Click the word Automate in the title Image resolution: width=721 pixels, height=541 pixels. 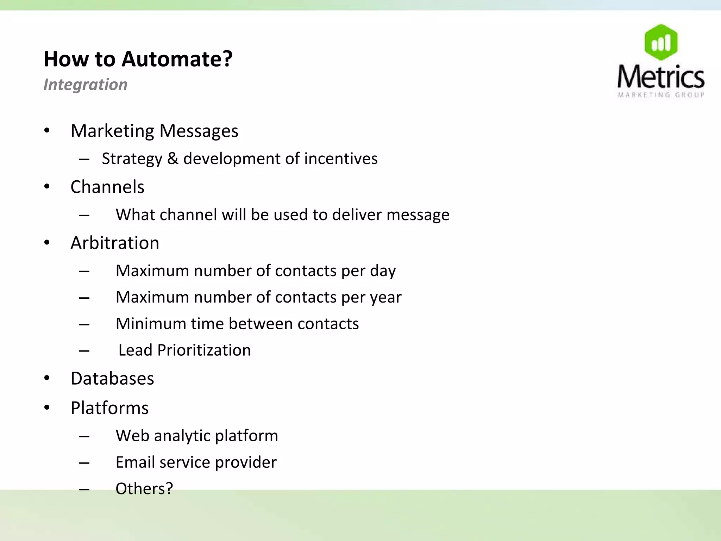point(177,59)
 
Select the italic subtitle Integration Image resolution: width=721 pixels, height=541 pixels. point(86,85)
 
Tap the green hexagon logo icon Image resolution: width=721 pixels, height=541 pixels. point(661,42)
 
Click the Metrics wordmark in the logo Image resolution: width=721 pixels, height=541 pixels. point(661,77)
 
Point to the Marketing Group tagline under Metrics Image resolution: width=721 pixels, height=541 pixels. point(661,95)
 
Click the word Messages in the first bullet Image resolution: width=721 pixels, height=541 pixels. point(199,131)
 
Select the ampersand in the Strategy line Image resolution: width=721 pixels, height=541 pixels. point(173,158)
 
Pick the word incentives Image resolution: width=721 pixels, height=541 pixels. point(341,158)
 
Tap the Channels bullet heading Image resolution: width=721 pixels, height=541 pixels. point(107,187)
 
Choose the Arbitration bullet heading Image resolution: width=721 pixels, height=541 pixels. point(115,243)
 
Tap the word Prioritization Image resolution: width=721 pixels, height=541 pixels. point(204,350)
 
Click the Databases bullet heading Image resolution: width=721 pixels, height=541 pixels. point(112,379)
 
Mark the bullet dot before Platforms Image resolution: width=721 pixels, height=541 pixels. point(47,408)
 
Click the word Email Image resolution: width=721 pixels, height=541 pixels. point(135,462)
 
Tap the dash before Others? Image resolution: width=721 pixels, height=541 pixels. point(84,489)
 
